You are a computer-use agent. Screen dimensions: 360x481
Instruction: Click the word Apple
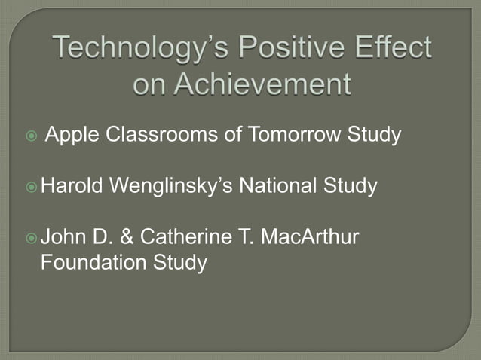73,136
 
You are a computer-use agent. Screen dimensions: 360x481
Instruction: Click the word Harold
72,185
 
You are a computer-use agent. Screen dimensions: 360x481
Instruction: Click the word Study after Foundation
179,264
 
